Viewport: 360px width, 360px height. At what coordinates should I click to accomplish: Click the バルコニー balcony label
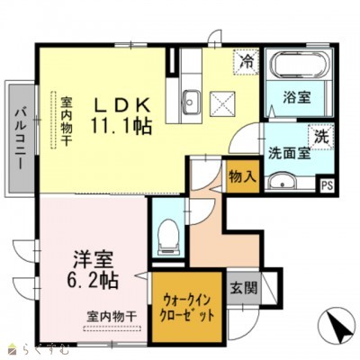19,137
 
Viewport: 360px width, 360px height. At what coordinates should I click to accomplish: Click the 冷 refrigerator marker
246,62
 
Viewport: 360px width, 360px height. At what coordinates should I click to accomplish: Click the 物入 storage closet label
240,176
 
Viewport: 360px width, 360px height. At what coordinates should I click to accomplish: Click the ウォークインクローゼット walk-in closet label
188,310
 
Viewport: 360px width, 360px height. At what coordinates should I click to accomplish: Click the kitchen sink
192,98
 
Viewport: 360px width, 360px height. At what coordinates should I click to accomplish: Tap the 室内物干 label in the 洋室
112,316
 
